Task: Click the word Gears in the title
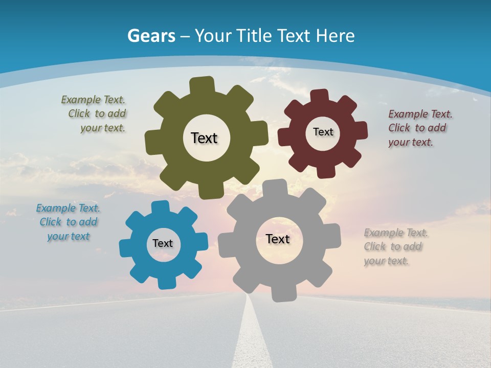tap(151, 36)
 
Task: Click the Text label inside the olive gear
tap(204, 138)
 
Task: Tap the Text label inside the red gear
tap(323, 132)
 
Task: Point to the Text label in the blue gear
tap(163, 243)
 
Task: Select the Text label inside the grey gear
tap(278, 239)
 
